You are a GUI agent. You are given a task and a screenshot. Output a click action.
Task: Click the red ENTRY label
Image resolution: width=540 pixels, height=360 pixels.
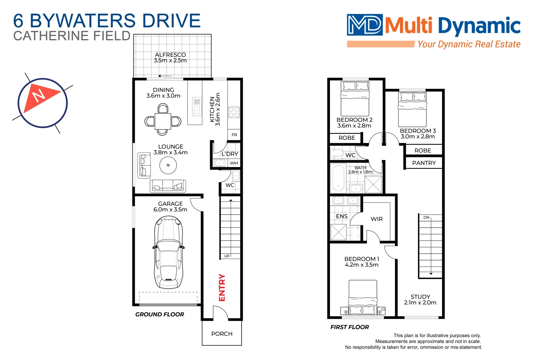222,287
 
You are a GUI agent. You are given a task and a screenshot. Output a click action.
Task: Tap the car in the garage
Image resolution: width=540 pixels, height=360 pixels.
168,252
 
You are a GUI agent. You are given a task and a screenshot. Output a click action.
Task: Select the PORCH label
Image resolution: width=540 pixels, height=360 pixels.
222,334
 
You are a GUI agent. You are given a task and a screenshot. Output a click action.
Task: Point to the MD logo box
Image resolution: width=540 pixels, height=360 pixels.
365,25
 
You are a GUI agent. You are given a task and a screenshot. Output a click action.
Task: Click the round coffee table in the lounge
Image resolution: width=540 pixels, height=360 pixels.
168,165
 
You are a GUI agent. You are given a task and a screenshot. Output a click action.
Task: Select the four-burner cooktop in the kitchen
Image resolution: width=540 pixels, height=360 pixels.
234,112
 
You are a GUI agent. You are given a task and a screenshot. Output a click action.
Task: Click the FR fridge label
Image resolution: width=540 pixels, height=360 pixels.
234,135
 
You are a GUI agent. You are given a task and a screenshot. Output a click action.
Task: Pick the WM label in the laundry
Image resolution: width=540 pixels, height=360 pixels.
234,163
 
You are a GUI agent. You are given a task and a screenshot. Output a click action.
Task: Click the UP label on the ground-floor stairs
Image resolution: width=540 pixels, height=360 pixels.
227,256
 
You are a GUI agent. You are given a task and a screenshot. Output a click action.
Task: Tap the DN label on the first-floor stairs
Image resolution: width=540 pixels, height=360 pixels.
426,217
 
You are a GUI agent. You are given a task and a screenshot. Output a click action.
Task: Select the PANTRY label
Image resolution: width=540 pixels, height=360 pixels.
424,163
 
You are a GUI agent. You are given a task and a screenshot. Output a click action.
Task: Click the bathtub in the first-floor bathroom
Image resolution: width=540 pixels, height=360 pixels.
338,178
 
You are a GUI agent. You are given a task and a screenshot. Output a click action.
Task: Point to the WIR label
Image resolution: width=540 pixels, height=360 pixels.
377,219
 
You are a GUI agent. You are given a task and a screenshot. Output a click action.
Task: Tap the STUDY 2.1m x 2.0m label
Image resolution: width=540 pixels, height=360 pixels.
420,300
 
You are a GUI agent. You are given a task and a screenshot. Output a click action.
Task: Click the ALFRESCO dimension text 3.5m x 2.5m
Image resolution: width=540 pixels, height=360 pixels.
170,61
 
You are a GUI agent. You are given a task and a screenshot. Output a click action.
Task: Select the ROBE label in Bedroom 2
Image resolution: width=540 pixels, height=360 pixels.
347,138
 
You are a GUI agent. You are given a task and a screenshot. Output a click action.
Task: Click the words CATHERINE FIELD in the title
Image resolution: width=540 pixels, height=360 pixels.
72,36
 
